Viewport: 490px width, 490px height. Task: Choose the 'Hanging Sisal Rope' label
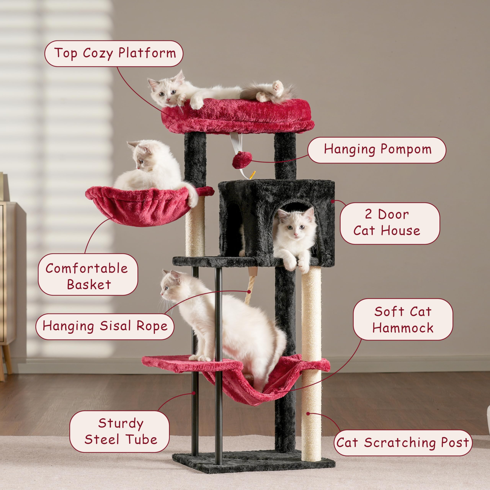pyautogui.click(x=105, y=326)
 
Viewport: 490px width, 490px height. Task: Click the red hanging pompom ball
pyautogui.click(x=242, y=160)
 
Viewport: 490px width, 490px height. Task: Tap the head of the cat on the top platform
pyautogui.click(x=166, y=91)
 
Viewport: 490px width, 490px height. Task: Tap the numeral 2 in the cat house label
pyautogui.click(x=368, y=214)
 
